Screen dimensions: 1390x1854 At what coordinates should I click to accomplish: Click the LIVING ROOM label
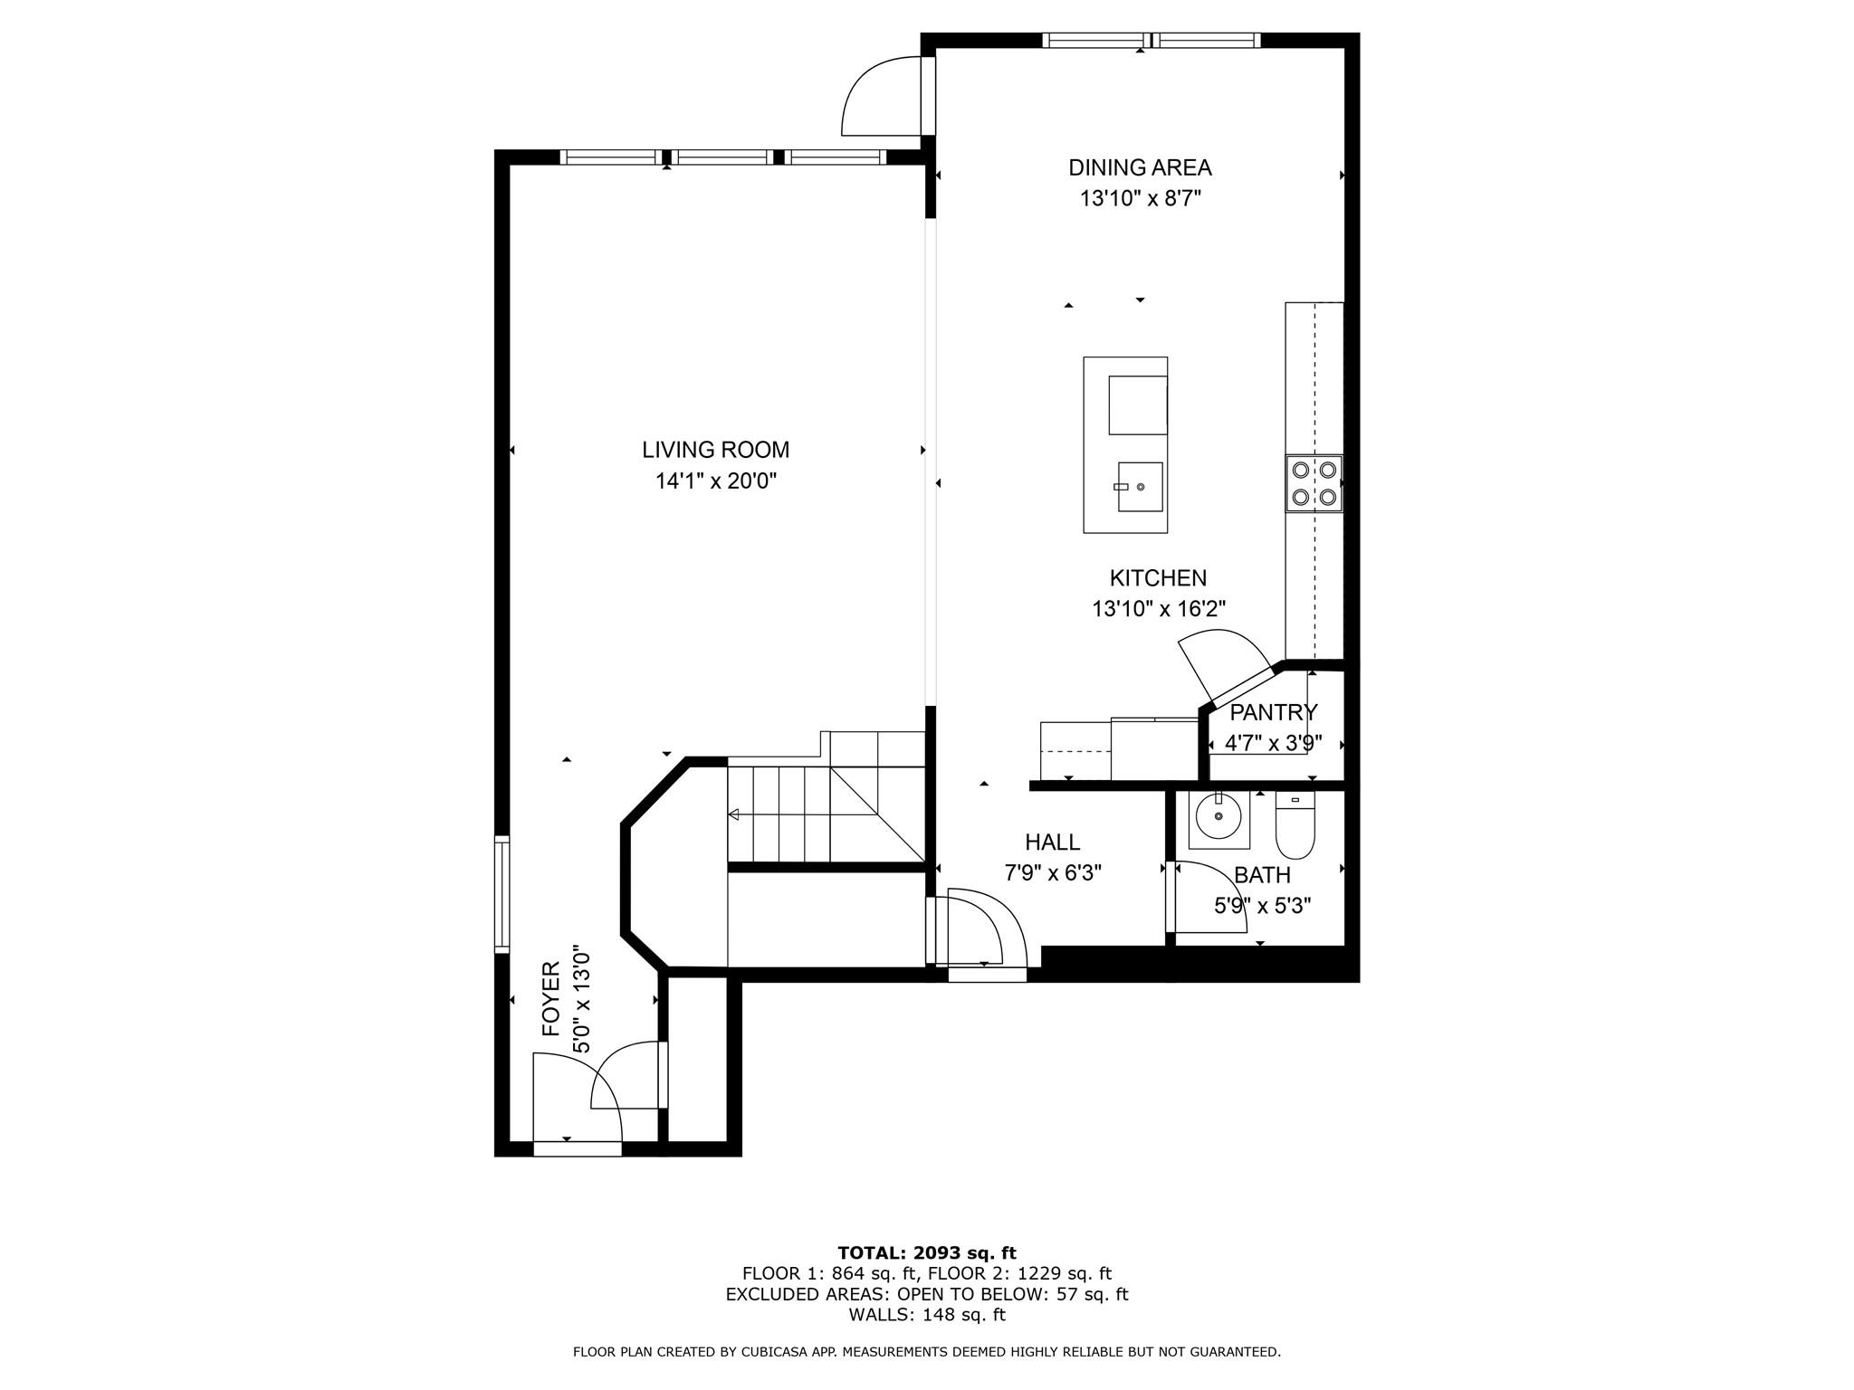point(715,450)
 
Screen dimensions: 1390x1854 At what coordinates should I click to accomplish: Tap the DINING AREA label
point(1140,167)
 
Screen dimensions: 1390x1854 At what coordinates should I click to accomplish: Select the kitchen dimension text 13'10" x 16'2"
point(1158,609)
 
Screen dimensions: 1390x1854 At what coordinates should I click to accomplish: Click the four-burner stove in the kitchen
point(1314,483)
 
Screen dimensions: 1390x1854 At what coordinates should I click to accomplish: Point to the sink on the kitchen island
point(1140,487)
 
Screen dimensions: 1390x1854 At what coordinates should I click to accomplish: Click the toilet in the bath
point(1295,826)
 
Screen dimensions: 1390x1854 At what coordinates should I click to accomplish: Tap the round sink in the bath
point(1218,819)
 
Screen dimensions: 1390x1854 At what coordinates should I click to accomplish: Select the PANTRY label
point(1273,712)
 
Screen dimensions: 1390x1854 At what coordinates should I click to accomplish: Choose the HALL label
point(1052,843)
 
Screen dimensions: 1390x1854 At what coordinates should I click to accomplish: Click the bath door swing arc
point(1214,896)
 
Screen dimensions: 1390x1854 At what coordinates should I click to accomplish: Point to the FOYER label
point(551,999)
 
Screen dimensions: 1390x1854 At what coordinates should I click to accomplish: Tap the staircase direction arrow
point(734,815)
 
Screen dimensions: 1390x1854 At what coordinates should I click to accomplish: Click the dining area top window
point(1150,40)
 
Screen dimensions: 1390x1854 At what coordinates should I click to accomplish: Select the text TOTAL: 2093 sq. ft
point(926,1253)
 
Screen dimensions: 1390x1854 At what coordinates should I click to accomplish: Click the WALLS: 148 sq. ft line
point(926,1315)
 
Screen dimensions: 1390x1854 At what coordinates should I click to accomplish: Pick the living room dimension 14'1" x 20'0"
point(715,481)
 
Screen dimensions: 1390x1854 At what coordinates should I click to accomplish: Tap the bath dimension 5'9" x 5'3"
point(1262,906)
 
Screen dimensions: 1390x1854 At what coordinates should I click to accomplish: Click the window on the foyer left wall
point(502,894)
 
